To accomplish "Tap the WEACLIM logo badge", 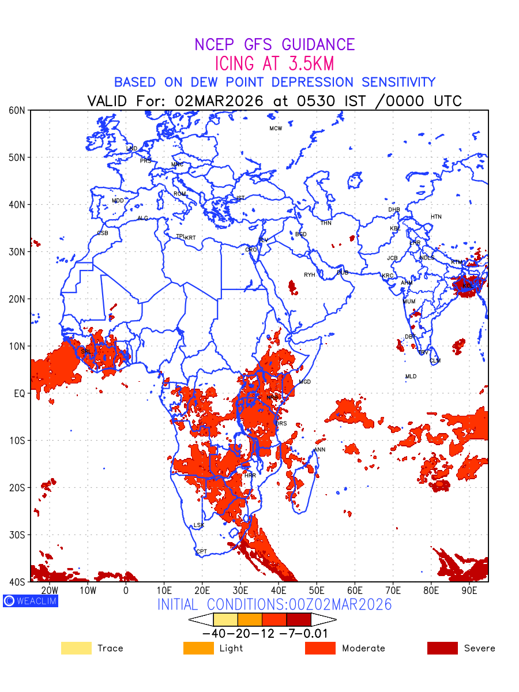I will tap(30, 600).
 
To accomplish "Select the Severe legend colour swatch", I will tap(442, 648).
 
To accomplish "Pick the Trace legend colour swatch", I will tap(76, 648).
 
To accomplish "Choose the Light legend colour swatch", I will tap(198, 648).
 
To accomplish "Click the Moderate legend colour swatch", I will tap(320, 648).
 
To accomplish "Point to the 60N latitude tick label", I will tap(18, 110).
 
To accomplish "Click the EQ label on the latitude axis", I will tap(19, 393).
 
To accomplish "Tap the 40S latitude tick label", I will tap(18, 582).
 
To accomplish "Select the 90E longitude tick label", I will tap(469, 591).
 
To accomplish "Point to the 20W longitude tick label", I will tap(50, 591).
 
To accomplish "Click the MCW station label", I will tap(276, 129).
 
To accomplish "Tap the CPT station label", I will tap(201, 552).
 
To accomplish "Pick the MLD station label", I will tap(411, 377).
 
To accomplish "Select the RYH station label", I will tap(310, 275).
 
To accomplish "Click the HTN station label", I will tap(436, 217).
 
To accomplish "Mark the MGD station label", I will tap(304, 382).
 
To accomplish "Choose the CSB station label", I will tap(103, 233).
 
